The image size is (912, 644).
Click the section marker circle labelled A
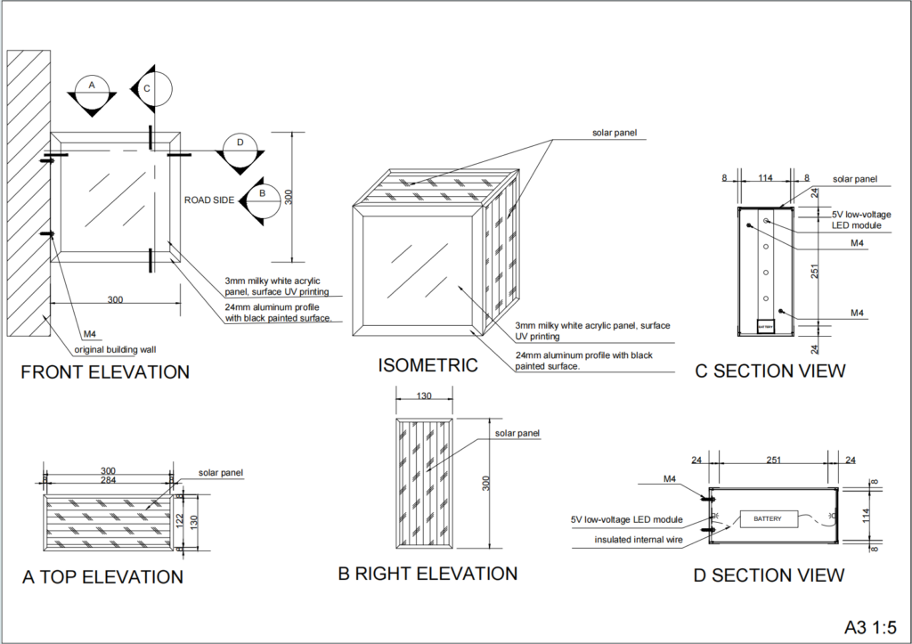point(89,86)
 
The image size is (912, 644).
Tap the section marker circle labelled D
point(239,143)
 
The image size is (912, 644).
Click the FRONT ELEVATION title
point(105,372)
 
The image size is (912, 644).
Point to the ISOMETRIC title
point(427,365)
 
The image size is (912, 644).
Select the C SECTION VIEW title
point(770,371)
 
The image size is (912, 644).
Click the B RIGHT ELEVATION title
point(427,575)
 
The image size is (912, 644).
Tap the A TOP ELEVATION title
point(102,577)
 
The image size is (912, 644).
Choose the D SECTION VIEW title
point(769,575)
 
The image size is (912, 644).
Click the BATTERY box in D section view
point(767,518)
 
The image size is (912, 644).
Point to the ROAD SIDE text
point(209,200)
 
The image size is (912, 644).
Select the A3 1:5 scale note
point(869,626)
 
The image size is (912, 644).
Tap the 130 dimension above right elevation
point(424,396)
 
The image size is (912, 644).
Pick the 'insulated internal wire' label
point(639,540)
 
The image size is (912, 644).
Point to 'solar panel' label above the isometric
point(615,134)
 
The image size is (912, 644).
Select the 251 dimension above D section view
point(772,461)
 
